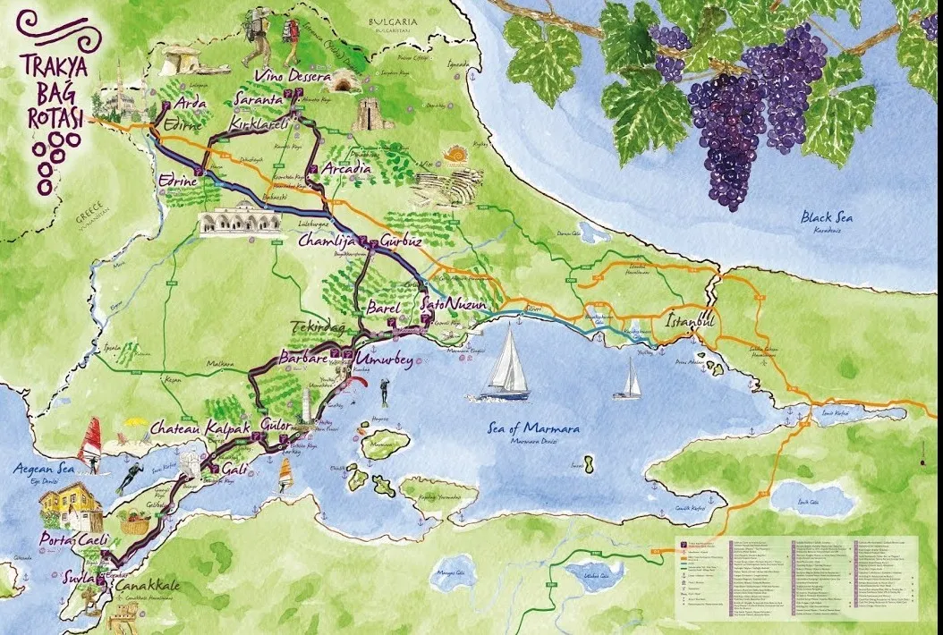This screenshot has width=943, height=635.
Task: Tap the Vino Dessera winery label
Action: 293,79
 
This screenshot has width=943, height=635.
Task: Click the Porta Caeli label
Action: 73,541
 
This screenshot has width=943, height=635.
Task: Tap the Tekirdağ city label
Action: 320,328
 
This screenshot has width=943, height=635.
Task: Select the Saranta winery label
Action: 259,99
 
